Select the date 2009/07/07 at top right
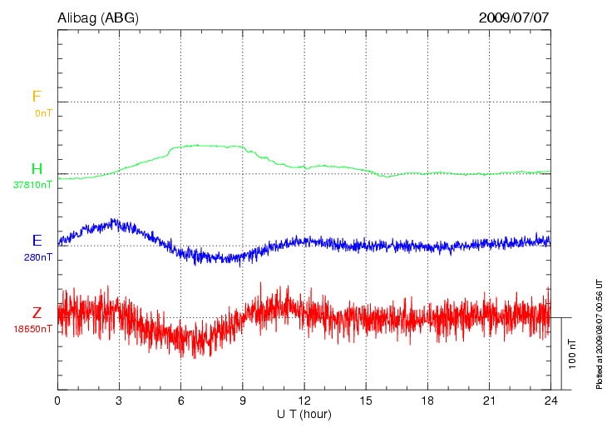[x=514, y=17]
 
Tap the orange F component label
[x=37, y=97]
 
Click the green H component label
[x=37, y=170]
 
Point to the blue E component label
[x=37, y=241]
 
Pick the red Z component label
[x=37, y=313]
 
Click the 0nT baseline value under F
[x=43, y=112]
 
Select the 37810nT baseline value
[x=32, y=185]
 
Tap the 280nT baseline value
[x=38, y=256]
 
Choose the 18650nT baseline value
[x=32, y=329]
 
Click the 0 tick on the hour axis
[x=57, y=401]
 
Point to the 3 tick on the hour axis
[x=119, y=401]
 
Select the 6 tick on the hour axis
[x=181, y=401]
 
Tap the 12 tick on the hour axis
[x=304, y=401]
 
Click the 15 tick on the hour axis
[x=366, y=401]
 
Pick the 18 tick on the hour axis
[x=427, y=401]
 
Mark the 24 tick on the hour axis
[x=550, y=401]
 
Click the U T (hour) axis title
[x=304, y=414]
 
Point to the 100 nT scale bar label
[x=571, y=354]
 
